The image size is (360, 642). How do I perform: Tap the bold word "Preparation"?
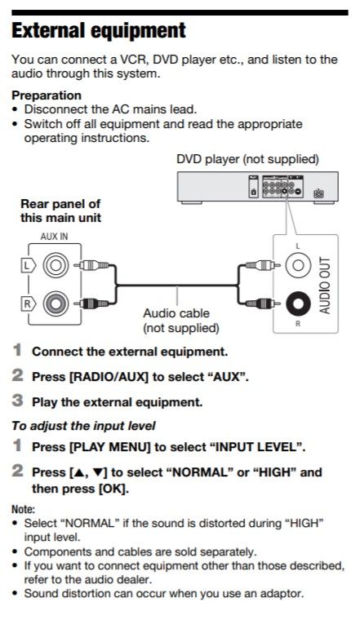(x=46, y=95)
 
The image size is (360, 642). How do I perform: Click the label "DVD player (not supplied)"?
(x=247, y=159)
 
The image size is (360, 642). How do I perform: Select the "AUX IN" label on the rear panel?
(x=54, y=235)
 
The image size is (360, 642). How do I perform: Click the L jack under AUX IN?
(x=56, y=265)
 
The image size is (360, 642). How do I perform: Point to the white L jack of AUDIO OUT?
(x=298, y=265)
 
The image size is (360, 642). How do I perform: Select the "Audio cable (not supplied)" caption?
(x=181, y=321)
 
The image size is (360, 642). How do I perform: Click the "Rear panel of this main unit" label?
(x=60, y=211)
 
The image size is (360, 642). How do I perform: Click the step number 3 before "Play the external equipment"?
(x=17, y=401)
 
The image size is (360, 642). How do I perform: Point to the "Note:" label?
(x=23, y=509)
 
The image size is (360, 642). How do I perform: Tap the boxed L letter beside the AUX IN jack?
(x=26, y=265)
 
